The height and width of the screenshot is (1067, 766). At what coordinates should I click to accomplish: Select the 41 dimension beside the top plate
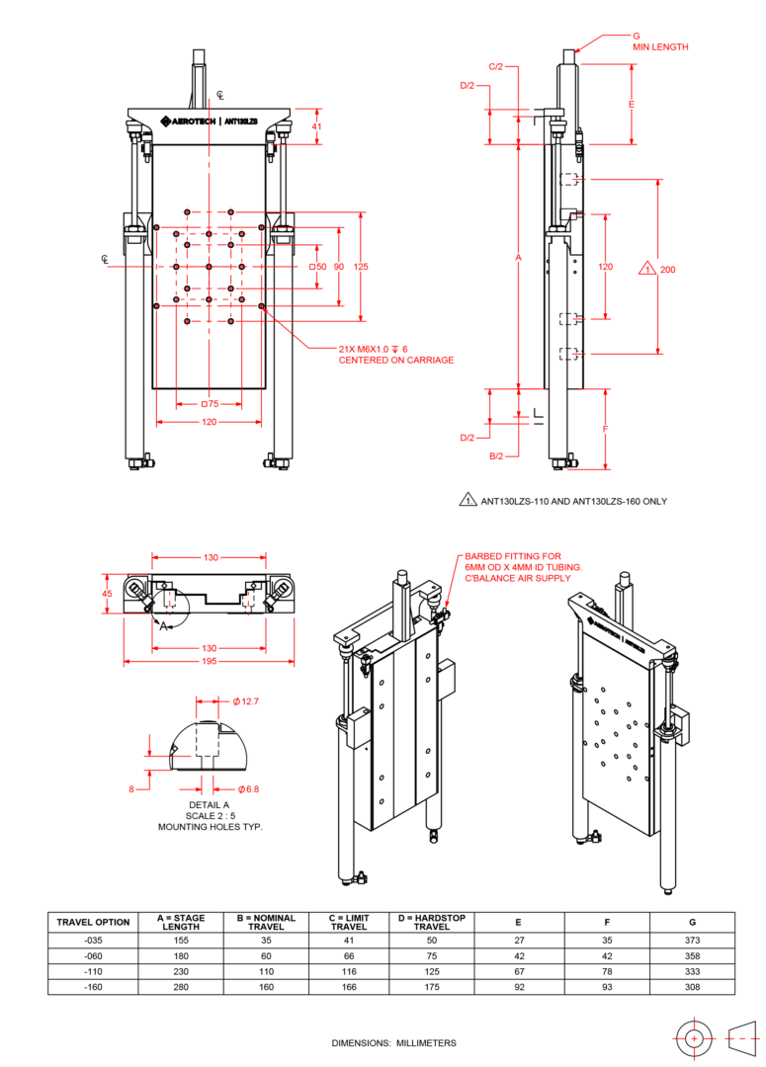point(316,126)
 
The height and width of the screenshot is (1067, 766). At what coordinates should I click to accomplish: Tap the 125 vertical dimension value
point(361,267)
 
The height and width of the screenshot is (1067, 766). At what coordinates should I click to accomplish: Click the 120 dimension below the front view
point(210,423)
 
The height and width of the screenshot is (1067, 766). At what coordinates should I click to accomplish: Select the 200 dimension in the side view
point(668,269)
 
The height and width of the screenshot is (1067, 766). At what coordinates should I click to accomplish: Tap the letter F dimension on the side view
point(605,430)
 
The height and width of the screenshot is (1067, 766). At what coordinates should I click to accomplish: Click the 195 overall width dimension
point(210,662)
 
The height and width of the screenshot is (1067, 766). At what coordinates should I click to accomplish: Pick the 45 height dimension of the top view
point(108,593)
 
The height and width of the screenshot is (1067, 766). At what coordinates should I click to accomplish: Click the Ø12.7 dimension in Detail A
point(244,701)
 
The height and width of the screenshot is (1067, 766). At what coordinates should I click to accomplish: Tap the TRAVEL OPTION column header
point(93,922)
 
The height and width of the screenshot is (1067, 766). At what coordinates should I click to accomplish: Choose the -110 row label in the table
point(93,972)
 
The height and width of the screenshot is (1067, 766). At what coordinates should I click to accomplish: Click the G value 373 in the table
point(692,940)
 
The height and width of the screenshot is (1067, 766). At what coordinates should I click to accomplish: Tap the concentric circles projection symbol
point(695,1038)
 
